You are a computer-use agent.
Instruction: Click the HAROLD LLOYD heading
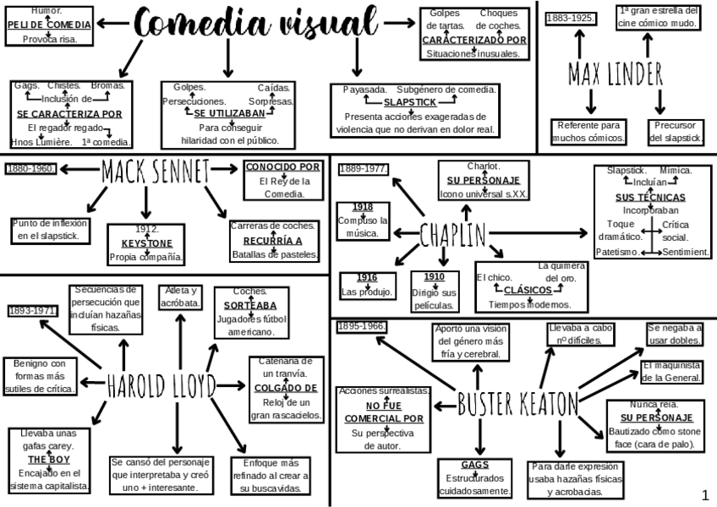pyautogui.click(x=161, y=385)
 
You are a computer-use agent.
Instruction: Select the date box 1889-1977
pyautogui.click(x=363, y=169)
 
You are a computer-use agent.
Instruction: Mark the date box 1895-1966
pyautogui.click(x=361, y=326)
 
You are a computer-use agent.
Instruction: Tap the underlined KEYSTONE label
pyautogui.click(x=146, y=243)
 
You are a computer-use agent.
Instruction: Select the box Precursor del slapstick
pyautogui.click(x=674, y=131)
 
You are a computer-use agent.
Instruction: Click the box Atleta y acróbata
pyautogui.click(x=180, y=297)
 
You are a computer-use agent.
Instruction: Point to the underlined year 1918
pyautogui.click(x=363, y=207)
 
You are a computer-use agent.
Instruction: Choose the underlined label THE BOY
pyautogui.click(x=48, y=460)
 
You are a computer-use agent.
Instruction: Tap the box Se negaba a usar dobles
pyautogui.click(x=674, y=334)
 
